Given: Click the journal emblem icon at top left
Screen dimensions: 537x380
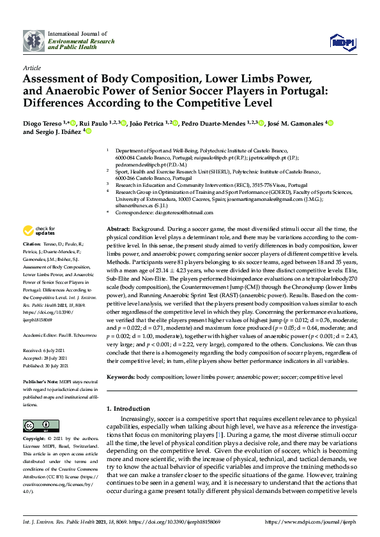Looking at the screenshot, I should tap(33, 40).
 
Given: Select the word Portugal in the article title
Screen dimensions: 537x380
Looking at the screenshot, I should tap(312, 91).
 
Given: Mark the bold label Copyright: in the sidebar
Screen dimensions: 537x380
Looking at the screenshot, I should tap(36, 440).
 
